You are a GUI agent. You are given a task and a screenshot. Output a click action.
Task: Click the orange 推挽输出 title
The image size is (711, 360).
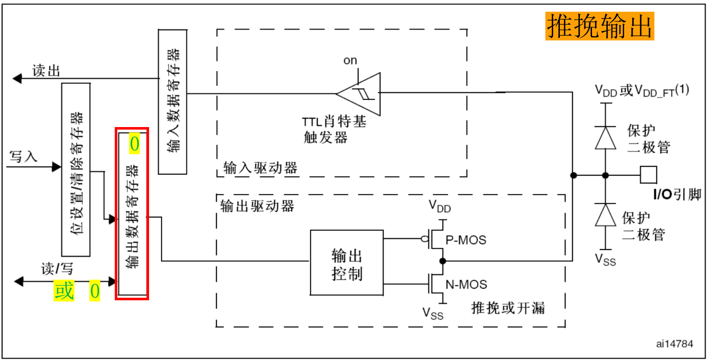(x=599, y=26)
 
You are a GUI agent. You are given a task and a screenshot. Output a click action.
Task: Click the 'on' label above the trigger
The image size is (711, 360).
(x=350, y=61)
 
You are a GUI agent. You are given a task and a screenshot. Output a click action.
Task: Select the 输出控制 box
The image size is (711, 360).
(x=347, y=263)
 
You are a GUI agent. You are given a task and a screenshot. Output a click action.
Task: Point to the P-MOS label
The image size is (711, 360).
(x=466, y=240)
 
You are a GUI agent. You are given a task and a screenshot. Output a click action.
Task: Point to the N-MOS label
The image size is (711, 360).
(x=466, y=285)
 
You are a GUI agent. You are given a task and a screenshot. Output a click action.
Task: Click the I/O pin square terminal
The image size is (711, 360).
(x=648, y=175)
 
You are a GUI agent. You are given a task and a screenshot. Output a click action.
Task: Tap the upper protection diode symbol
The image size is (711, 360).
(x=606, y=138)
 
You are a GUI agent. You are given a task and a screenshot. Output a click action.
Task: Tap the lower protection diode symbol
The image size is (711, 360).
(x=606, y=215)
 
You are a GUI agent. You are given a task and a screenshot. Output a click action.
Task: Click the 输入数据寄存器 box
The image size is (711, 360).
(x=172, y=102)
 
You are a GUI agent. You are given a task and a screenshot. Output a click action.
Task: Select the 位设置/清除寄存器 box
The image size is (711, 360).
(x=76, y=169)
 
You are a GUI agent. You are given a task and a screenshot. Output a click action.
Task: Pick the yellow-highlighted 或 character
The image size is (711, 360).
(x=64, y=291)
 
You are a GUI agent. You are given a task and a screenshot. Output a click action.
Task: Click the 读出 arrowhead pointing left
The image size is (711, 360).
(x=17, y=78)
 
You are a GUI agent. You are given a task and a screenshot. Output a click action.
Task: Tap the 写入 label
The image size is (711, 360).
(x=23, y=157)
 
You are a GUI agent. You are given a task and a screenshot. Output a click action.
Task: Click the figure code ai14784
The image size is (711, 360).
(x=674, y=344)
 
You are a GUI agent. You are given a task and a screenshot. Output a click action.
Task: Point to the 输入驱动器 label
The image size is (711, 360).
(x=260, y=168)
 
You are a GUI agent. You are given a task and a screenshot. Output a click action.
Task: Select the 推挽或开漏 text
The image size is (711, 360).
(x=508, y=308)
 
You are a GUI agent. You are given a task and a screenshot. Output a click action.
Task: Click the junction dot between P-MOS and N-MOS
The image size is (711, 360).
(x=443, y=261)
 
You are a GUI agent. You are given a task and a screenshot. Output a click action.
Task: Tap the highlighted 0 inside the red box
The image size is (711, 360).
(x=134, y=144)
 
